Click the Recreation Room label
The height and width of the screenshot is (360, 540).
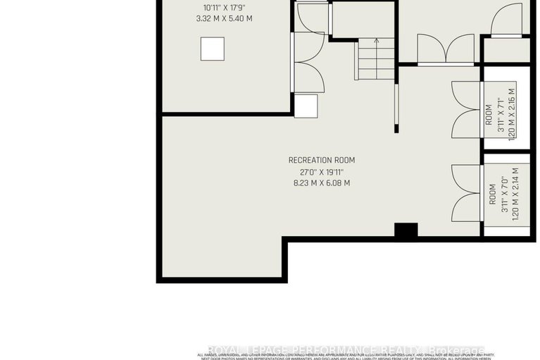(x=319, y=159)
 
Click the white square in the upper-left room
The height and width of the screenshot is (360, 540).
(x=212, y=49)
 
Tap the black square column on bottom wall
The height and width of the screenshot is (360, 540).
(x=406, y=230)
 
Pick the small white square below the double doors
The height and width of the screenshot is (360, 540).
(x=306, y=106)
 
